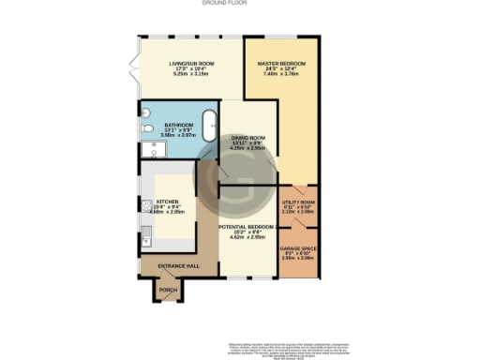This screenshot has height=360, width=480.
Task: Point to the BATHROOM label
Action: [178, 125]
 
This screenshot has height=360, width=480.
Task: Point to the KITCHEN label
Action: [167, 202]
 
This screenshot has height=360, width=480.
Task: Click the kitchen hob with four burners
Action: [146, 205]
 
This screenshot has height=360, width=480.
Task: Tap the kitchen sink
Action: [146, 237]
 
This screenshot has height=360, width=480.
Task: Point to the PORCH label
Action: [168, 291]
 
